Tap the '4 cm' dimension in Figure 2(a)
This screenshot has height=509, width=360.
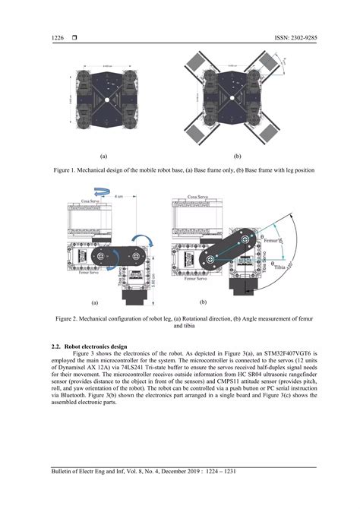click(118, 196)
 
